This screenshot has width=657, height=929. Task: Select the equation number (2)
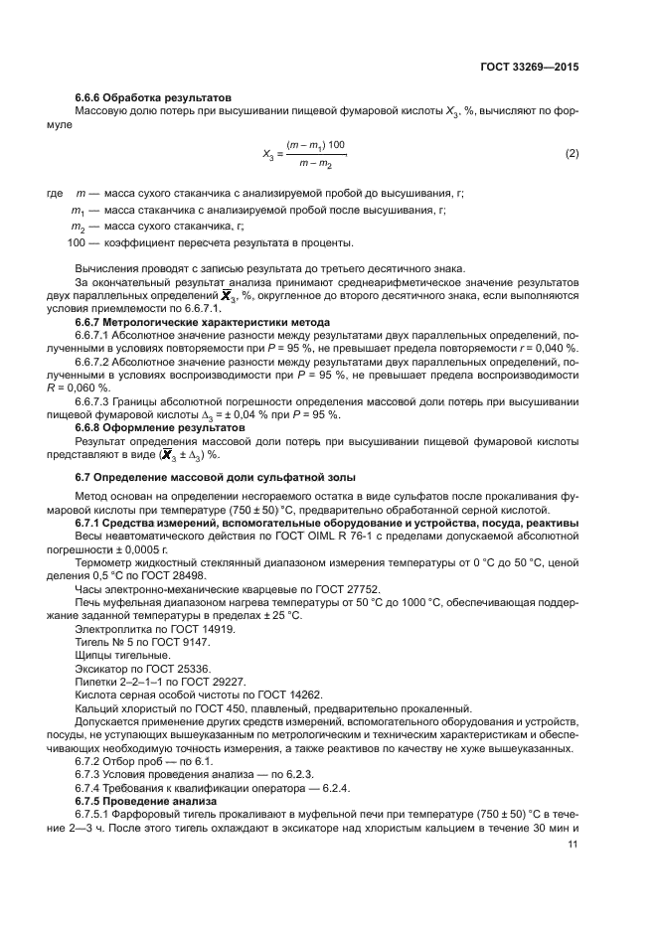pos(572,154)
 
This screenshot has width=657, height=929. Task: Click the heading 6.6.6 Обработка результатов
pos(153,97)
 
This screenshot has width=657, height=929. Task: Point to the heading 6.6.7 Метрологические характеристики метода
pos(204,322)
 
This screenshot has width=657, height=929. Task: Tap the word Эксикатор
pos(99,669)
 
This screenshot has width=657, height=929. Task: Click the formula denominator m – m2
pos(314,163)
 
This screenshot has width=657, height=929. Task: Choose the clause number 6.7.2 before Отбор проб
pos(89,760)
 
